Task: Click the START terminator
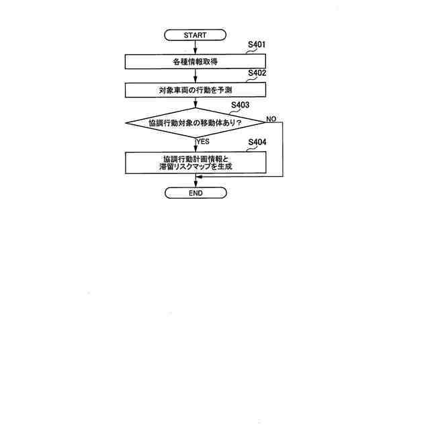pyautogui.click(x=195, y=34)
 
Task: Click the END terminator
pyautogui.click(x=196, y=193)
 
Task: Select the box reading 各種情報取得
pyautogui.click(x=195, y=61)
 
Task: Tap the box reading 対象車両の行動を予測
pyautogui.click(x=195, y=89)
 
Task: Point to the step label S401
pyautogui.click(x=257, y=45)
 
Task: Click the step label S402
pyautogui.click(x=257, y=73)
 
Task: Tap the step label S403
pyautogui.click(x=240, y=105)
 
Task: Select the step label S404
pyautogui.click(x=257, y=142)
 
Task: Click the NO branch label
pyautogui.click(x=271, y=118)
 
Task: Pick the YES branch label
pyautogui.click(x=203, y=142)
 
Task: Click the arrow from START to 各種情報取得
pyautogui.click(x=195, y=46)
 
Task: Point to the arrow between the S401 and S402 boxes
pyautogui.click(x=195, y=75)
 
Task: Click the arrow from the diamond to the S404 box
pyautogui.click(x=195, y=144)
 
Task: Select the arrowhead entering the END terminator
pyautogui.click(x=195, y=184)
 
